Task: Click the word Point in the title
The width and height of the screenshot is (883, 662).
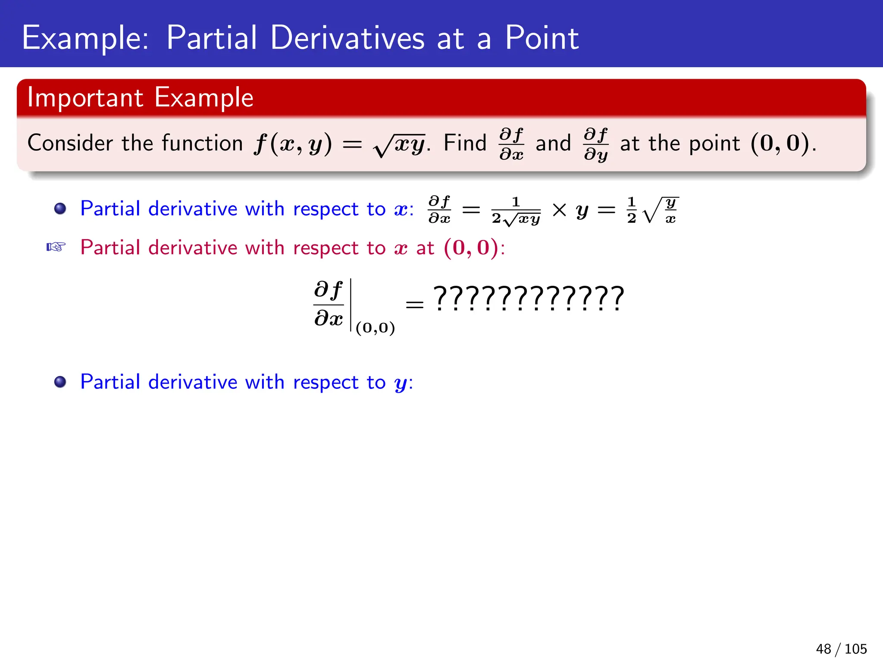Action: [542, 38]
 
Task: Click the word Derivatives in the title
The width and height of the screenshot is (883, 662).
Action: [347, 38]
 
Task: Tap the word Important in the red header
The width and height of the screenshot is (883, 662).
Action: [85, 98]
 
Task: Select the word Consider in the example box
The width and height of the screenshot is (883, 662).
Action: [70, 143]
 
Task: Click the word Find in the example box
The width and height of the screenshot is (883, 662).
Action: [465, 143]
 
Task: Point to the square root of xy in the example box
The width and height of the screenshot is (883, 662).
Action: [399, 145]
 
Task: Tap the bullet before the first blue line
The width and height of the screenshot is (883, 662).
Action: [60, 209]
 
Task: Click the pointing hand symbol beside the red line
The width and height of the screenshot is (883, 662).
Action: [56, 247]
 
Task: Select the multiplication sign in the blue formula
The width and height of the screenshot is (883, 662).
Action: [559, 210]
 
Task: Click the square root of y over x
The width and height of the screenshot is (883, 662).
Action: [661, 210]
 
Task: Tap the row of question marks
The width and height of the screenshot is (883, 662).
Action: [529, 298]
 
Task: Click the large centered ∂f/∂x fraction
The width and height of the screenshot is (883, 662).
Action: [329, 304]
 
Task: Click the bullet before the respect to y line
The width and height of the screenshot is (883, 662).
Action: [60, 382]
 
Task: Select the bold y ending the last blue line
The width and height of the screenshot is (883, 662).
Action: [401, 384]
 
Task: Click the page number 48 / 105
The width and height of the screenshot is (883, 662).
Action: [841, 649]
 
